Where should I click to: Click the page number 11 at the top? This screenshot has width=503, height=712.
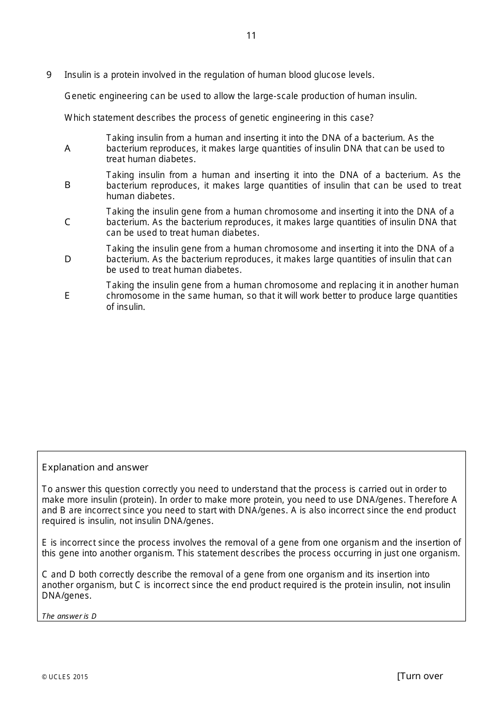click(251, 35)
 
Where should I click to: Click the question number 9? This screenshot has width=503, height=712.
click(49, 75)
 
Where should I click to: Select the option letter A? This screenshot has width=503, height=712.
click(67, 149)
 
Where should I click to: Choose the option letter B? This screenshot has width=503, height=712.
click(67, 185)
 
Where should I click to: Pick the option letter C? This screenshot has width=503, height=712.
click(67, 222)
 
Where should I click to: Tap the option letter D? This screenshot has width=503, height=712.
click(68, 259)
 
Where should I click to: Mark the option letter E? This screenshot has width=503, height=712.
click(67, 296)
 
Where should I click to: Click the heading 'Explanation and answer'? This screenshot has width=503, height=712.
click(95, 467)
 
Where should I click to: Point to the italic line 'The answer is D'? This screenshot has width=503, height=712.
click(69, 616)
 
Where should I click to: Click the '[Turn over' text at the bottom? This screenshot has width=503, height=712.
click(420, 676)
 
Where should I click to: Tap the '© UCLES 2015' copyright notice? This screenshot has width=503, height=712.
click(65, 677)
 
